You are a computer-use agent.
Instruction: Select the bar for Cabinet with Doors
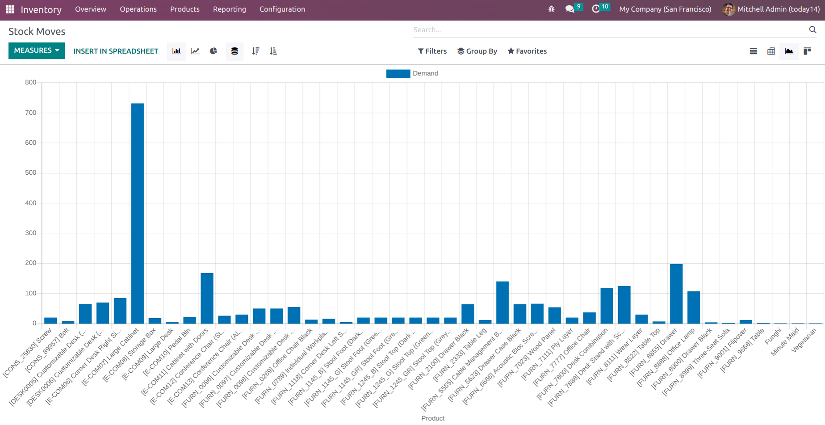[207, 298]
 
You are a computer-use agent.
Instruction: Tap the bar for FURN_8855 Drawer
[676, 294]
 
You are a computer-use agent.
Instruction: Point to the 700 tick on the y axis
[31, 113]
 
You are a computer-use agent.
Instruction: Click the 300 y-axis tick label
[31, 233]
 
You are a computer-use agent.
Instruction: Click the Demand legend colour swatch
[398, 74]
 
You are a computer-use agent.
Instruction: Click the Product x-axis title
[433, 418]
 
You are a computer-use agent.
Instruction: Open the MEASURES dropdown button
[37, 50]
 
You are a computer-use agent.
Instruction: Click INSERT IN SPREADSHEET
[116, 51]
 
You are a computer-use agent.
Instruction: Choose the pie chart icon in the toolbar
[214, 51]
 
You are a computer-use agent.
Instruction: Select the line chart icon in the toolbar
[195, 51]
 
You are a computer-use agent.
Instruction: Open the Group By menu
[477, 51]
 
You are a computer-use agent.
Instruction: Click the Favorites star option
[527, 51]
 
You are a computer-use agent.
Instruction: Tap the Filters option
[432, 51]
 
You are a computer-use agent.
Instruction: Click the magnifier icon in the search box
[812, 29]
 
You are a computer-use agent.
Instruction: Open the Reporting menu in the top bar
[229, 9]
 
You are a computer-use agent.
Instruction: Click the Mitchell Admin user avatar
[729, 9]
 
